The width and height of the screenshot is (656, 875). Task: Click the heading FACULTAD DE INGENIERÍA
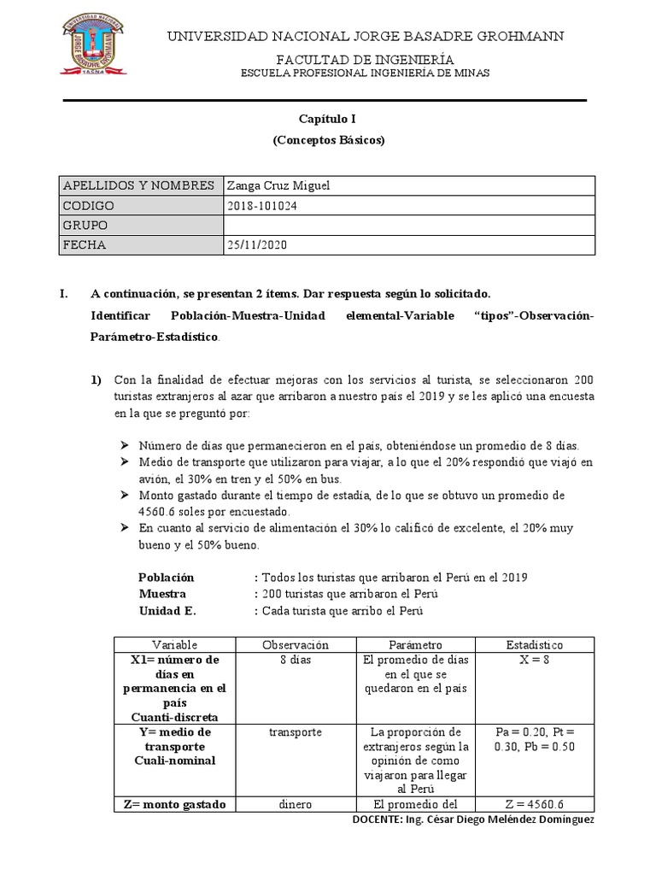[x=365, y=58]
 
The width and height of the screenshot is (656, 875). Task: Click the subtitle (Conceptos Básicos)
[x=328, y=140]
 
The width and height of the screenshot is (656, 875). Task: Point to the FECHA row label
[x=85, y=245]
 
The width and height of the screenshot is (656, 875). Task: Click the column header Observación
[x=296, y=644]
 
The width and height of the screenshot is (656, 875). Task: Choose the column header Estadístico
[x=534, y=644]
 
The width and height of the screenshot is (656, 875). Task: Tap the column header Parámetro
[x=415, y=644]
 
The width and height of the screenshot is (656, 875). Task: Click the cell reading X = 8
[x=535, y=660]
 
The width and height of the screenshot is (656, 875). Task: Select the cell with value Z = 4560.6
[x=535, y=804]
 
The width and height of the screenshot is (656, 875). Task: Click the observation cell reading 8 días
[x=296, y=660]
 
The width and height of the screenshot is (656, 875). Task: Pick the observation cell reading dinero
[x=296, y=804]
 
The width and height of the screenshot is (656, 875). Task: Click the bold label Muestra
[x=162, y=594]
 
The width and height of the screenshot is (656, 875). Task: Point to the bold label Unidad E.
[x=167, y=611]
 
